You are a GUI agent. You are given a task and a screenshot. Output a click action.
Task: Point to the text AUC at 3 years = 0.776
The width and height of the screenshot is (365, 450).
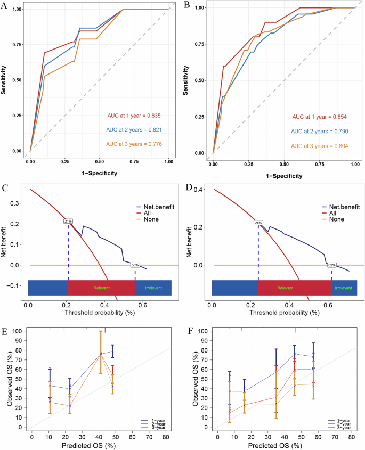(x=134, y=144)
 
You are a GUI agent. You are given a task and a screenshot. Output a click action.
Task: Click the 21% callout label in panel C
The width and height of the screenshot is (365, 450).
(x=68, y=221)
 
